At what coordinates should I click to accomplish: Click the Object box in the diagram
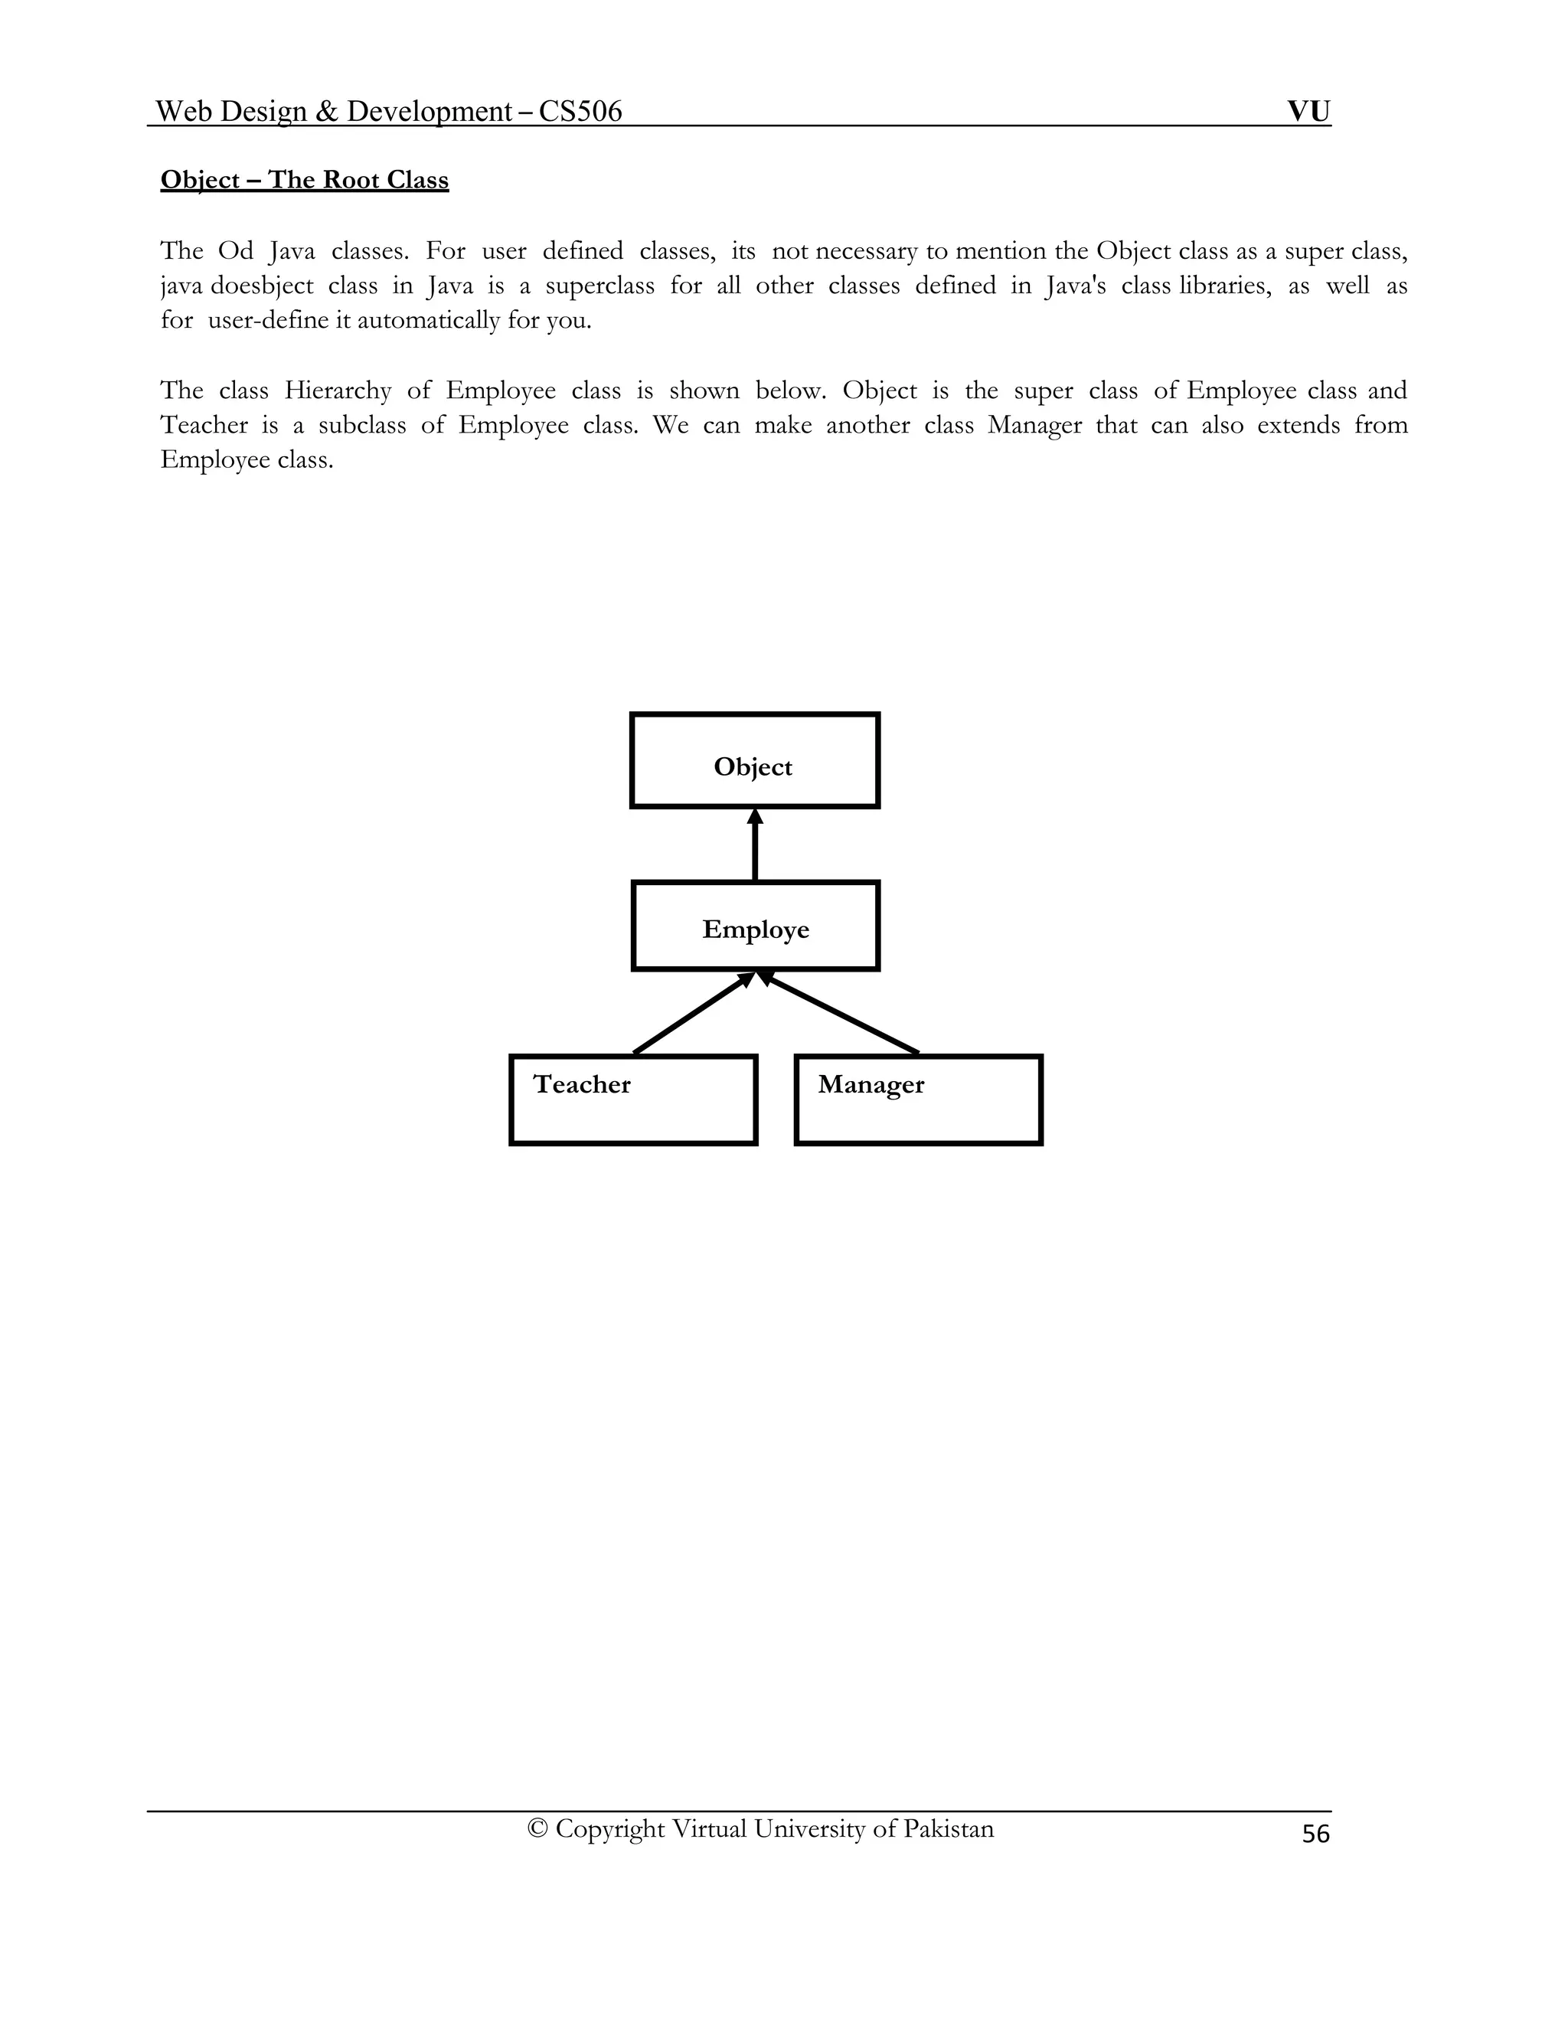tap(754, 760)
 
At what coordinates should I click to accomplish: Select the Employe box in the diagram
tap(755, 926)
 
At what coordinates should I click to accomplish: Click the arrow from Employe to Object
tap(754, 845)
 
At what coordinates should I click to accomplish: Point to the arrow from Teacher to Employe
tap(692, 1014)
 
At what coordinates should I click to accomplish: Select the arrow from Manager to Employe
tap(841, 1014)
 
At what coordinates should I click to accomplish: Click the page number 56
tap(1315, 1834)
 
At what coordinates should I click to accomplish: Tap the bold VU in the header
tap(1308, 112)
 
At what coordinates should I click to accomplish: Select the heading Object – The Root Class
tap(305, 179)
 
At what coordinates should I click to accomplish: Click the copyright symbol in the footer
tap(537, 1828)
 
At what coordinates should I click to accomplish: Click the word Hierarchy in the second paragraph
tap(338, 390)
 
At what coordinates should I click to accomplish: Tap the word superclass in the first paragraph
tap(599, 286)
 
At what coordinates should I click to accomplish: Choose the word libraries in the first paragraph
tap(1223, 286)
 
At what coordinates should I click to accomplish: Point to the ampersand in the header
tap(326, 112)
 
